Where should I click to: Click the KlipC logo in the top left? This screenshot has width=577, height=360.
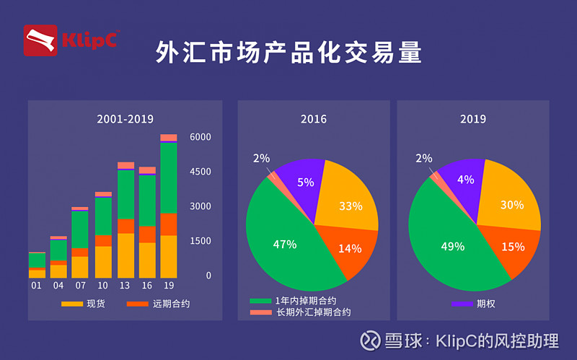click(71, 40)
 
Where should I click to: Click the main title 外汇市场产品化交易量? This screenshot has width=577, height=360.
click(288, 52)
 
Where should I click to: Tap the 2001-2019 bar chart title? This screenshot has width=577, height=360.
click(125, 119)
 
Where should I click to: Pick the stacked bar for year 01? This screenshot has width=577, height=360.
click(37, 265)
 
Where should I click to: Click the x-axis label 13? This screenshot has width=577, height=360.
click(125, 285)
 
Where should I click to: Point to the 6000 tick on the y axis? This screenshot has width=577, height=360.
click(200, 137)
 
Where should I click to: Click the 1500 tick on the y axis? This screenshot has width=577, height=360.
click(200, 241)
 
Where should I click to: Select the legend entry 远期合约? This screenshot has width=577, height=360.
click(159, 304)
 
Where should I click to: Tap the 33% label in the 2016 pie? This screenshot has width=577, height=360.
click(351, 206)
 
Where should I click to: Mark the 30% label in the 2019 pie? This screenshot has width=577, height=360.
click(512, 205)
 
